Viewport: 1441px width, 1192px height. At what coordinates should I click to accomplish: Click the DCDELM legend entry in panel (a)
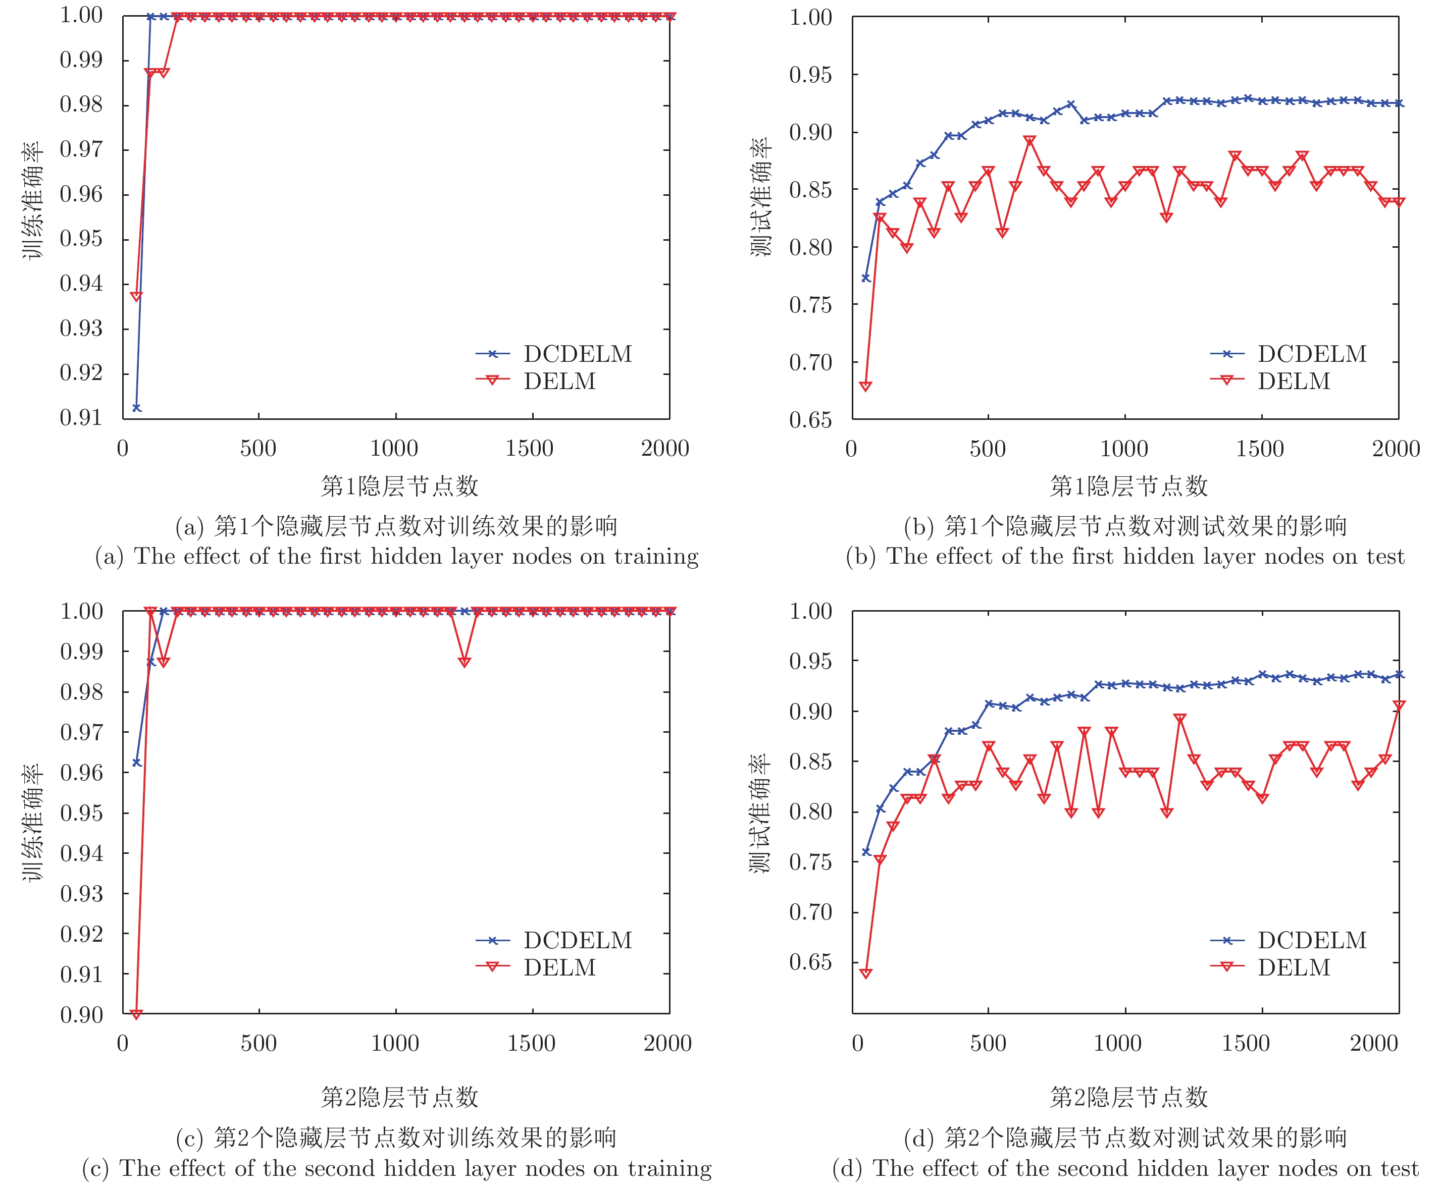tap(577, 354)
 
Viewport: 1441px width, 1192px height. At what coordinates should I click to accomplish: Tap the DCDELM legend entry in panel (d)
tap(1311, 940)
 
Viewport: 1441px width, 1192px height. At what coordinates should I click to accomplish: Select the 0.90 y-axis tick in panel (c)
tap(81, 1014)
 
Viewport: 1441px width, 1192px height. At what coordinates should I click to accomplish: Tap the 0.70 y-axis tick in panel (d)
tap(810, 912)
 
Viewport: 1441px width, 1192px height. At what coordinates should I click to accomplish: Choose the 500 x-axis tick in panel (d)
tap(988, 1043)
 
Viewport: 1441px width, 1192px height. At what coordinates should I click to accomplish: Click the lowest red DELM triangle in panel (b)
tap(865, 386)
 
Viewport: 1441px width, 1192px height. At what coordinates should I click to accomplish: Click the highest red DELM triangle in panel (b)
tap(1030, 141)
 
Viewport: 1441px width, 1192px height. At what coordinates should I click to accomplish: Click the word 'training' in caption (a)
tap(656, 556)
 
